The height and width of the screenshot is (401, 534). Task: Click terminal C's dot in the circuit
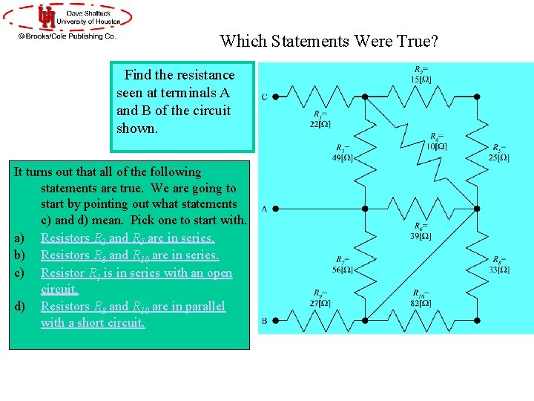pos(276,97)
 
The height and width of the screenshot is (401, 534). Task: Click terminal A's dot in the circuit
pos(276,208)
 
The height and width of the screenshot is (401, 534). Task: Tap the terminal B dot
pos(276,321)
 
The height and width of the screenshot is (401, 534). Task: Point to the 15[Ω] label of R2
pos(421,79)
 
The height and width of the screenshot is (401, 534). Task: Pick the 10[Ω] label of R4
pos(436,146)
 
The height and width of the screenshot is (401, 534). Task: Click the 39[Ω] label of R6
pos(420,235)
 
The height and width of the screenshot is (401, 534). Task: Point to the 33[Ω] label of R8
pos(499,269)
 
